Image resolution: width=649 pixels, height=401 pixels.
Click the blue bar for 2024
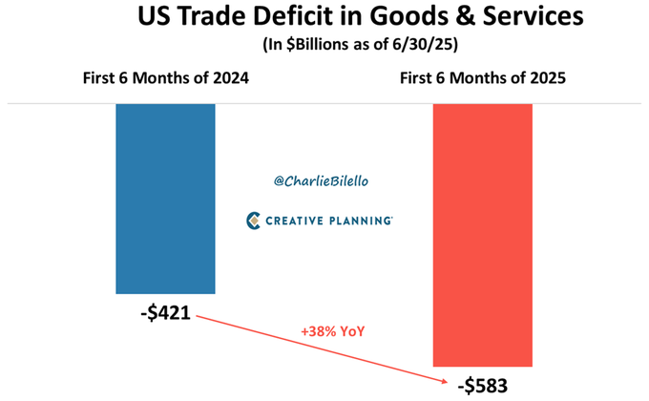coord(165,198)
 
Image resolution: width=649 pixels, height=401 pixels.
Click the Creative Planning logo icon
coord(254,221)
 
